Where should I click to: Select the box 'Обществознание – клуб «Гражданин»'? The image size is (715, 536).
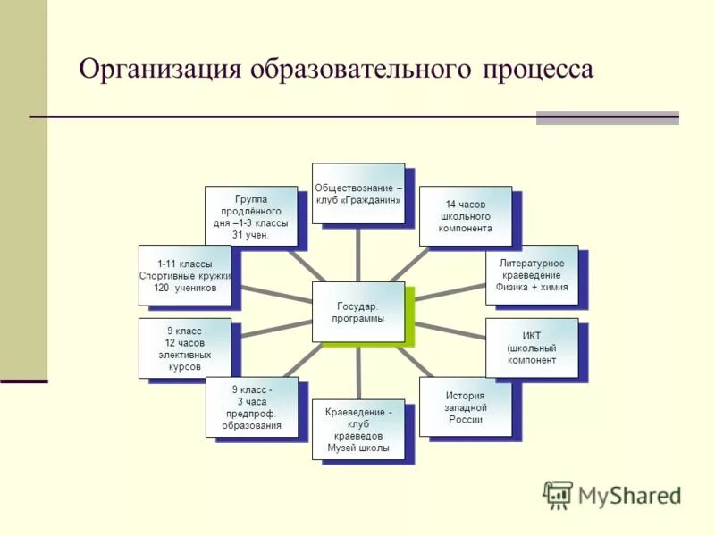357,193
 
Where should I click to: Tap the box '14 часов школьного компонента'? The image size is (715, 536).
466,216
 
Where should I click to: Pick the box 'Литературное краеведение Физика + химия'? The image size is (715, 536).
532,274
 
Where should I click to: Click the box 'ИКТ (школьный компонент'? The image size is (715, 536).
532,348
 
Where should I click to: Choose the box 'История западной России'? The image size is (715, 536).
465,407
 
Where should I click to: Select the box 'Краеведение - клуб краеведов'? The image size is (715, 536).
358,430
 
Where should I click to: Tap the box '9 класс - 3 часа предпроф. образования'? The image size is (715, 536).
252,407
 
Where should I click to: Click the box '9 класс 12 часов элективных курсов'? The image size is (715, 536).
184,348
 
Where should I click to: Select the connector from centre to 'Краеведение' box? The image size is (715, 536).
358,371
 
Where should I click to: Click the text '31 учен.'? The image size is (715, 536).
251,235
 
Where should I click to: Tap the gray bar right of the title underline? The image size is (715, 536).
607,118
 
